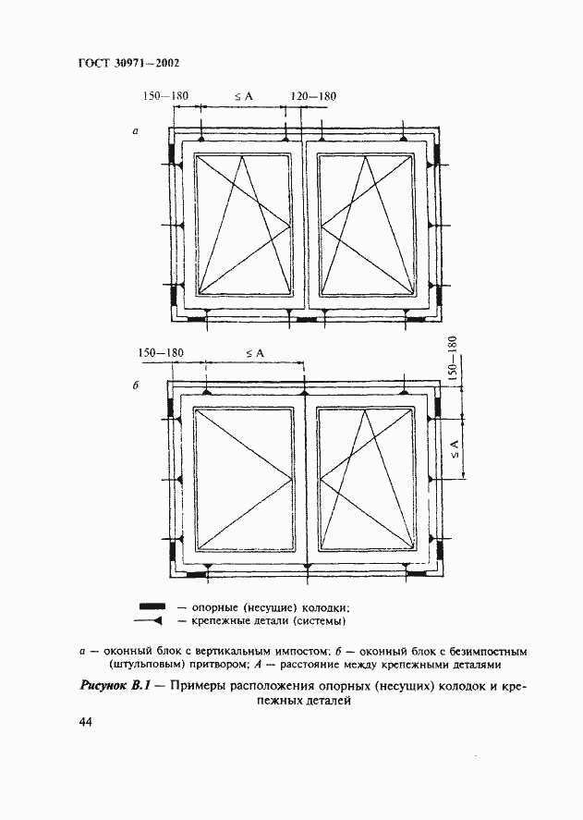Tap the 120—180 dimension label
tap(313, 96)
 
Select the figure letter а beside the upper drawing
tap(135, 132)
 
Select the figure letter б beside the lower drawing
tap(135, 386)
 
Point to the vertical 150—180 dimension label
tap(453, 358)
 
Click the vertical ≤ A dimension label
tap(454, 449)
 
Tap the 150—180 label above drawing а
tap(165, 96)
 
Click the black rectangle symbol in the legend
tap(151, 606)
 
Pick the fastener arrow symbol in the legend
tap(151, 620)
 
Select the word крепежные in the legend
tap(221, 621)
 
